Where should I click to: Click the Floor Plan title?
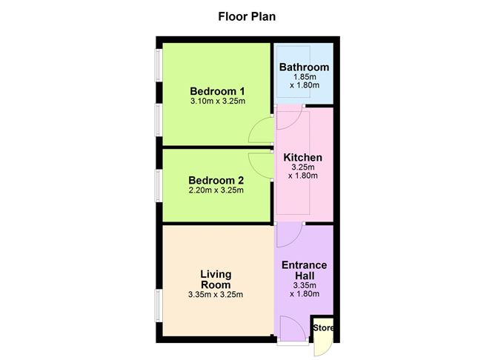click(247, 16)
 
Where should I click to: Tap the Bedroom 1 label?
click(217, 92)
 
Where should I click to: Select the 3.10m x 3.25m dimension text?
click(218, 101)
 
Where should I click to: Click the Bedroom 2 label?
click(216, 181)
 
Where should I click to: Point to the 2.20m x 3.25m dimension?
click(216, 190)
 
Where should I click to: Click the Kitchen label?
click(303, 158)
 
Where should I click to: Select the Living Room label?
click(216, 279)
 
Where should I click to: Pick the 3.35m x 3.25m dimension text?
click(216, 295)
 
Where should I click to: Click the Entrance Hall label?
click(305, 270)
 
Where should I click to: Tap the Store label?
click(323, 328)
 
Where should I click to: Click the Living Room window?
click(158, 306)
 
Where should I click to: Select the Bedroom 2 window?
click(158, 185)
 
